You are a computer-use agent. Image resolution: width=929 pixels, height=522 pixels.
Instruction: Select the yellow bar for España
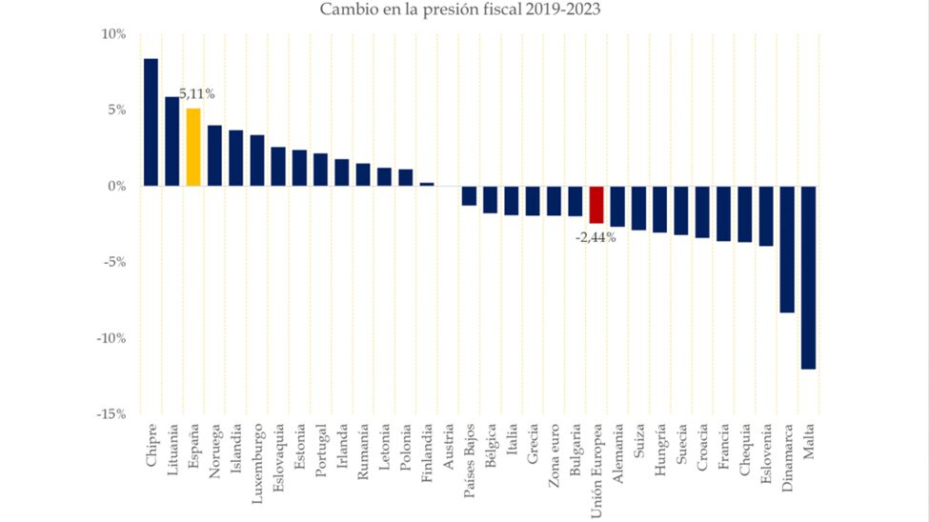[x=193, y=147]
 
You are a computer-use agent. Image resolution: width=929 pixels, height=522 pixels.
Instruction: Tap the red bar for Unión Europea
[x=596, y=205]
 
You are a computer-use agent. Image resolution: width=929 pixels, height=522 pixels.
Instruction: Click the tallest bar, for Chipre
[x=151, y=122]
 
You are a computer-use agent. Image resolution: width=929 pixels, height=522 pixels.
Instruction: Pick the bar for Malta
[x=808, y=277]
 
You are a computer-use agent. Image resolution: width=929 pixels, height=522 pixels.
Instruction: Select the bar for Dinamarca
[x=787, y=249]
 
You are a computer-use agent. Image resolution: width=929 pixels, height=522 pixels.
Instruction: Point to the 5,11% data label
[x=197, y=94]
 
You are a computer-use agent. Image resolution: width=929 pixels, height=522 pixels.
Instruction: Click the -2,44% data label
[x=596, y=237]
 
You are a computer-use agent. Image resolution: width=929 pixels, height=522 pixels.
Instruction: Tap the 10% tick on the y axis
[x=113, y=34]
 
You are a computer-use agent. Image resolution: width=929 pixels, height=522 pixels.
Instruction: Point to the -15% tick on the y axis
[x=111, y=414]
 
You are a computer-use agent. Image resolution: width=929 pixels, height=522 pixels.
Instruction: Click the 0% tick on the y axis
[x=116, y=187]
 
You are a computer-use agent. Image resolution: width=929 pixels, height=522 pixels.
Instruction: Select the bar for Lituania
[x=172, y=141]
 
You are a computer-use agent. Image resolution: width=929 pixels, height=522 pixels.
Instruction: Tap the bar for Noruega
[x=214, y=155]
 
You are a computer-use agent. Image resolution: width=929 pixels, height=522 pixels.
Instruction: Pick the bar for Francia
[x=723, y=213]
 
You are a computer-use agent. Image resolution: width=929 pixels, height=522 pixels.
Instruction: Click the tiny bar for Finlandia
[x=427, y=184]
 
